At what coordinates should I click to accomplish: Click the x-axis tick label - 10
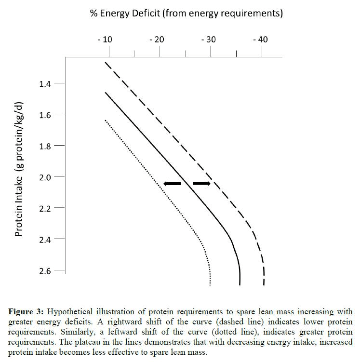[105, 40]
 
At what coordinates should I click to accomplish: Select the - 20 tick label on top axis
[157, 40]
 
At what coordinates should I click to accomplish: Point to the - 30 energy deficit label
[209, 40]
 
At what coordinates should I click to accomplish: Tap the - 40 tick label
[260, 40]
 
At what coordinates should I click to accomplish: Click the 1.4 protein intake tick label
[45, 84]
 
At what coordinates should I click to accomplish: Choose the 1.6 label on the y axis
[45, 115]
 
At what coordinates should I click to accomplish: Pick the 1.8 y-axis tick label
[45, 146]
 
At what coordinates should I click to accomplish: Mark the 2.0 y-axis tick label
[45, 177]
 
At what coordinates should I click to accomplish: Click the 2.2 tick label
[45, 208]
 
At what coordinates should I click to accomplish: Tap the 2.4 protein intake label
[45, 240]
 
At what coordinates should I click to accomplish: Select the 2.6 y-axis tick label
[45, 271]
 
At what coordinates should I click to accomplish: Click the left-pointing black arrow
[172, 184]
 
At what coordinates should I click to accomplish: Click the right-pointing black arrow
[201, 184]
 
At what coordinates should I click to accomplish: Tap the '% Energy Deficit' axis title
[186, 13]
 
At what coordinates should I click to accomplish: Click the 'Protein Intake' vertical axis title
[19, 169]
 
